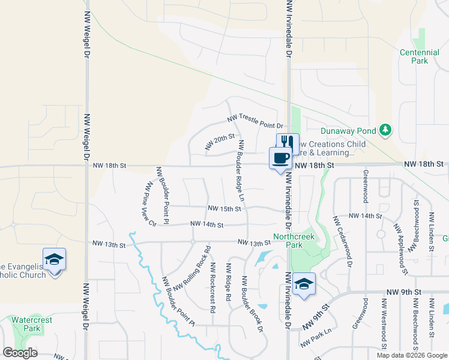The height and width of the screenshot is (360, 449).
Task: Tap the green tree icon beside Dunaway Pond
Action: click(x=385, y=130)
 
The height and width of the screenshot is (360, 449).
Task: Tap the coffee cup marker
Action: click(x=280, y=158)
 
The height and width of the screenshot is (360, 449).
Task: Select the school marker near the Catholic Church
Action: click(x=55, y=260)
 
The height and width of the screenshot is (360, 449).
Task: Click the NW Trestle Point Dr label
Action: click(x=255, y=121)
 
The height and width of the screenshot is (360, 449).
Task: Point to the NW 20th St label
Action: click(x=218, y=142)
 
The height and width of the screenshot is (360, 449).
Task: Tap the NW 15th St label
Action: click(x=224, y=209)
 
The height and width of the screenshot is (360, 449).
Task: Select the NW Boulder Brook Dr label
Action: click(x=252, y=304)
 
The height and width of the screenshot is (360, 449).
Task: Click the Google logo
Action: click(x=20, y=353)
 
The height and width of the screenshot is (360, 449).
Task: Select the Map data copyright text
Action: click(x=411, y=355)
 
